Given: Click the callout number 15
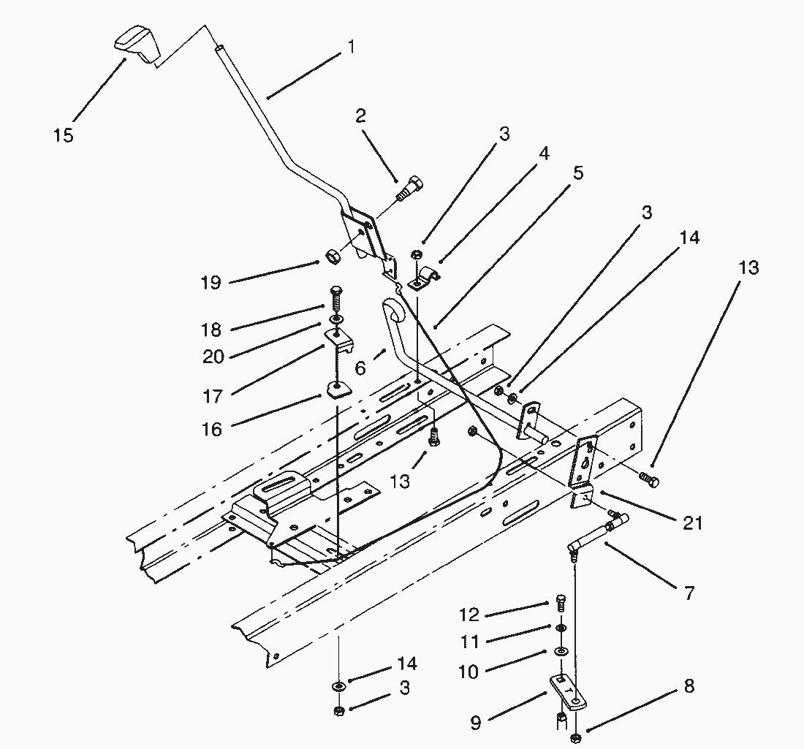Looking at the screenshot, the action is (x=64, y=135).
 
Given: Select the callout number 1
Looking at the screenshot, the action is (x=352, y=47).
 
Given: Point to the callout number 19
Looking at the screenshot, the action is (x=211, y=283).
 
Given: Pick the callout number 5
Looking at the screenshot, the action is (x=578, y=172).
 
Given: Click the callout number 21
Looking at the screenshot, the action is (x=693, y=523).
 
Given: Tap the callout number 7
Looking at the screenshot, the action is (x=689, y=593).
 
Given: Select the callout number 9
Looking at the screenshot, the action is (x=475, y=723).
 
